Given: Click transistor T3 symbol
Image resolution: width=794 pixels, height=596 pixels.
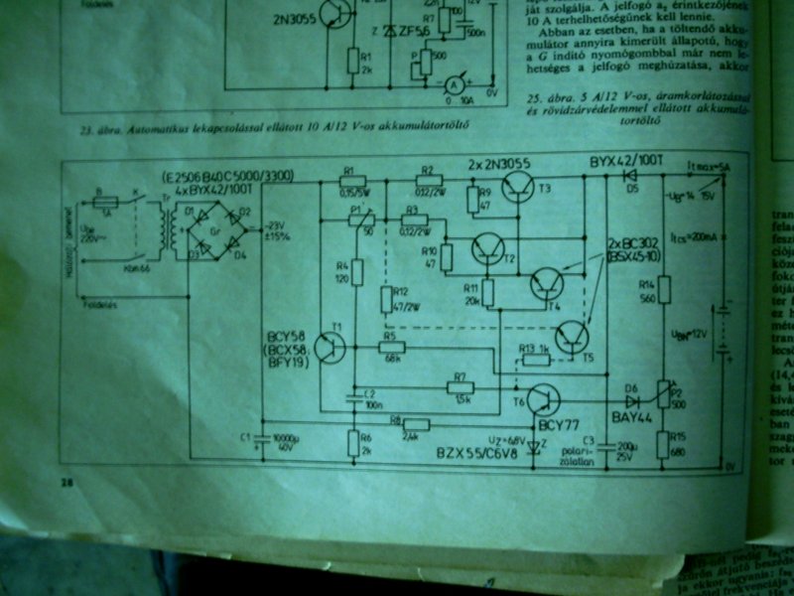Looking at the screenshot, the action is [x=519, y=187].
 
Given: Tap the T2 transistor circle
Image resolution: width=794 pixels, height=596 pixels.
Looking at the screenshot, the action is [x=489, y=248].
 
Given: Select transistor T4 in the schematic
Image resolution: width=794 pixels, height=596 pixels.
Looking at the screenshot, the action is [x=547, y=286].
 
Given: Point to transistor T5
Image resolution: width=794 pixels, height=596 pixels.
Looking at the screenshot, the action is [x=572, y=338].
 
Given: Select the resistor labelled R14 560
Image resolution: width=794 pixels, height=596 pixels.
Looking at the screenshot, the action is [x=664, y=290].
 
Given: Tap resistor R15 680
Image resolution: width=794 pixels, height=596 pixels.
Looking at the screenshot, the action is [x=664, y=441].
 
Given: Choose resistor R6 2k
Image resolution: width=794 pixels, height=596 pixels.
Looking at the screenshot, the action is [x=353, y=442].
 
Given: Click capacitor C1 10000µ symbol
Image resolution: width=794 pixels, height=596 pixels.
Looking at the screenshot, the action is [x=261, y=437].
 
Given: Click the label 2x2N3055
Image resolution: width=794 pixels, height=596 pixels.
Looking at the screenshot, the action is [x=500, y=162].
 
